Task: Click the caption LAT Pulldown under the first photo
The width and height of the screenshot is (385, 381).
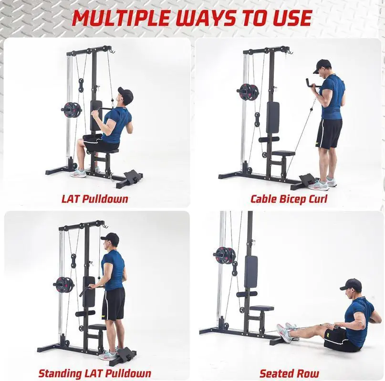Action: (95, 199)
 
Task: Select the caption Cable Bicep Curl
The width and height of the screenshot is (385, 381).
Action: (289, 199)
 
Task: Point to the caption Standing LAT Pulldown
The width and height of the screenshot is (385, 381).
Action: (95, 373)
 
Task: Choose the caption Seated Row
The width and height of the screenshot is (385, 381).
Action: (289, 373)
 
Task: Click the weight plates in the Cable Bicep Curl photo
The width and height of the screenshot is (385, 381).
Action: (248, 92)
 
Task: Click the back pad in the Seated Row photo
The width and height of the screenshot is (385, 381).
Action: (251, 272)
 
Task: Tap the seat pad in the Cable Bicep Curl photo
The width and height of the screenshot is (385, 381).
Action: (283, 153)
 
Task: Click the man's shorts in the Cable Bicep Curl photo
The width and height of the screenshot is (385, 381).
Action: (329, 134)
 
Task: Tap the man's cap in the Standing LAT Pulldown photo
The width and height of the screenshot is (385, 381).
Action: (110, 237)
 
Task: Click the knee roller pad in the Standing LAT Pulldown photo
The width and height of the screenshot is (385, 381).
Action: (85, 313)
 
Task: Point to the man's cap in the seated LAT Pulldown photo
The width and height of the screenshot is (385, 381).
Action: (126, 94)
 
